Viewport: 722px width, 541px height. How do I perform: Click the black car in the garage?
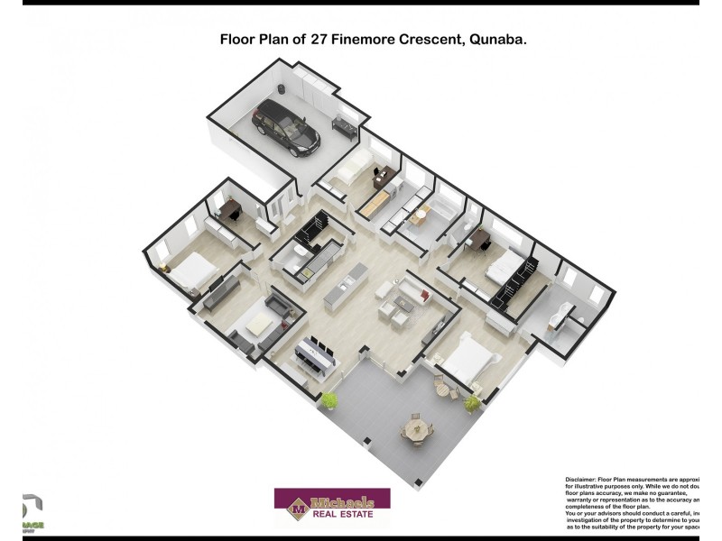(x=287, y=126)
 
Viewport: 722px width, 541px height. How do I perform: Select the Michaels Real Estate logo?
(x=332, y=509)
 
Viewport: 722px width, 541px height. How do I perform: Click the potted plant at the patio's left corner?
(x=331, y=399)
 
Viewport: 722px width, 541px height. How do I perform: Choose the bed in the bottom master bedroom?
(x=470, y=359)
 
